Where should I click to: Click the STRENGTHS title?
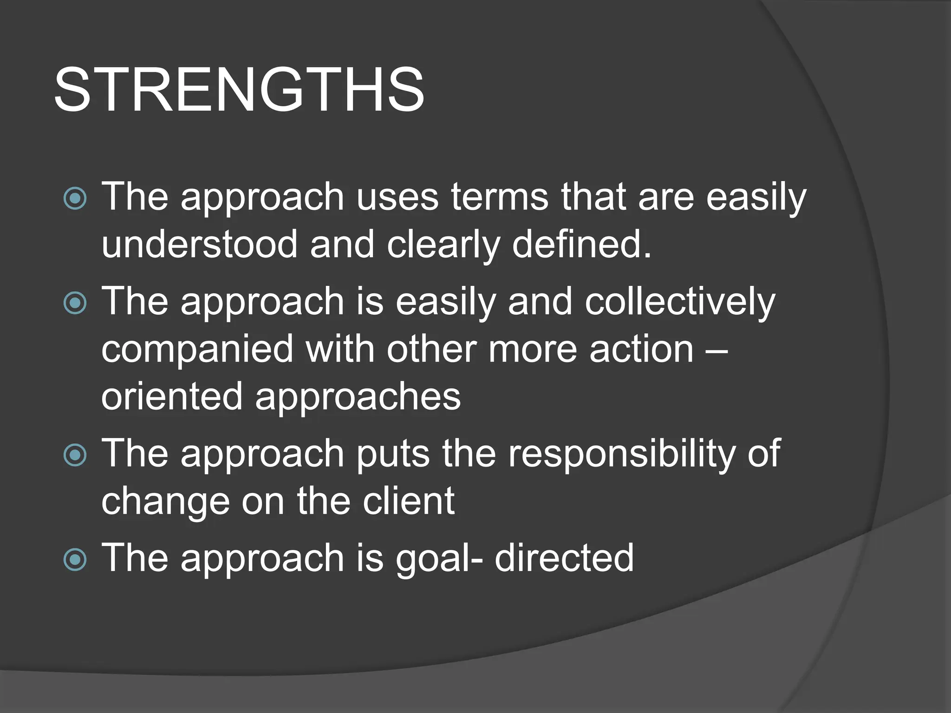tap(239, 90)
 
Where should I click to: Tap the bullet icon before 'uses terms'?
tap(75, 199)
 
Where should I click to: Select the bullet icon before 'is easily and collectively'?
tap(75, 303)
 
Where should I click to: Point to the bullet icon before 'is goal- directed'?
tap(75, 559)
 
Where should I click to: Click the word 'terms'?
tap(500, 197)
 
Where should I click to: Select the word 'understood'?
tap(199, 245)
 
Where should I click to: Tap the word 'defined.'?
tap(582, 245)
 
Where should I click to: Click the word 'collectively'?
tap(680, 302)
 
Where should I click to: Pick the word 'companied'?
tap(197, 350)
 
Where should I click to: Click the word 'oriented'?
tap(172, 396)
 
